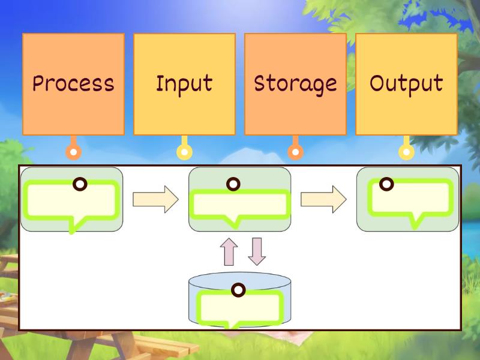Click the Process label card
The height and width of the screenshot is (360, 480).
(73, 84)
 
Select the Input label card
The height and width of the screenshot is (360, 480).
(184, 84)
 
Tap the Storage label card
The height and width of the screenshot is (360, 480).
(295, 84)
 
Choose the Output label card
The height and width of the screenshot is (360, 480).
(406, 84)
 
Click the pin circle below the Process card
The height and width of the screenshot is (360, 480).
(73, 152)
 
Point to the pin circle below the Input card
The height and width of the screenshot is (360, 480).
(184, 152)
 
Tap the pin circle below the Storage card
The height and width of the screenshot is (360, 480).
(295, 152)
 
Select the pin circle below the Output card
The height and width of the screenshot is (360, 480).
(406, 152)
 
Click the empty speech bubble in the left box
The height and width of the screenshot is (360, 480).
(71, 202)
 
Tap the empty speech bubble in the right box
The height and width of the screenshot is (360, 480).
(410, 199)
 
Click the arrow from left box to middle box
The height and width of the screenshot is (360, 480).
(155, 199)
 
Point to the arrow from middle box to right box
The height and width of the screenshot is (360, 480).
(323, 199)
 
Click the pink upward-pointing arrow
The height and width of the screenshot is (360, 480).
(229, 251)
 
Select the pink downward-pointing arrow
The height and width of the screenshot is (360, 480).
(257, 251)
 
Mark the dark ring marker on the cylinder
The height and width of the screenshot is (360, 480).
(239, 290)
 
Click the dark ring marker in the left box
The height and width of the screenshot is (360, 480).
(79, 184)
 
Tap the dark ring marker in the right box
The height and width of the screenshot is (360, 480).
(386, 184)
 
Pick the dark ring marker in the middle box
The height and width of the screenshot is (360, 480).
(233, 184)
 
